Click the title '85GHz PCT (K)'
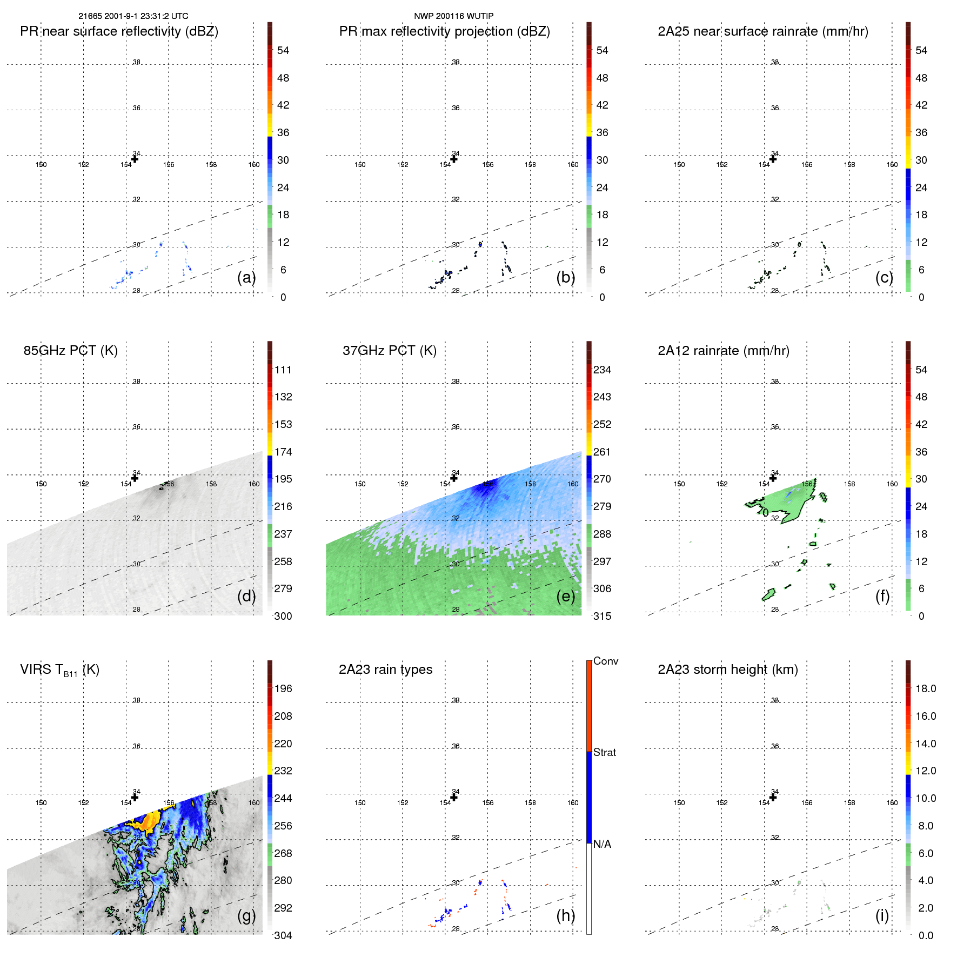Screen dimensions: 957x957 70,351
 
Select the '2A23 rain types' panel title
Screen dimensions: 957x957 385,670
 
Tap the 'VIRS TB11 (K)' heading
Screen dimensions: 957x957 59,670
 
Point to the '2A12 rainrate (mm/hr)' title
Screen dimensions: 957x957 723,351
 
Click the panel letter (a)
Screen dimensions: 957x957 246,277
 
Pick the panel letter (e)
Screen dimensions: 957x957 565,596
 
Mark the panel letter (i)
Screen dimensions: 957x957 882,915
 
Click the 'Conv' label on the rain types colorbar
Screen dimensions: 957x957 605,661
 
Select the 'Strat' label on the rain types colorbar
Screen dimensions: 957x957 604,752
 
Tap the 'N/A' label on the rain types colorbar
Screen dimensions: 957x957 602,844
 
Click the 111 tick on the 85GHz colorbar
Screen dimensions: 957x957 283,370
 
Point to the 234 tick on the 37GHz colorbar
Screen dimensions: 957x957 602,370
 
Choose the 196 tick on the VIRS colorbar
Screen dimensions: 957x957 283,688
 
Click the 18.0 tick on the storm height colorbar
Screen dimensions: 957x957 925,688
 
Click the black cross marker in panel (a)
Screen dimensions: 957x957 135,159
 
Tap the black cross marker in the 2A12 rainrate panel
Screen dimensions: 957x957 773,478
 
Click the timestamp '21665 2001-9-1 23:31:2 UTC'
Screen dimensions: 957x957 133,16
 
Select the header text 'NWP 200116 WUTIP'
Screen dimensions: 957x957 453,16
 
